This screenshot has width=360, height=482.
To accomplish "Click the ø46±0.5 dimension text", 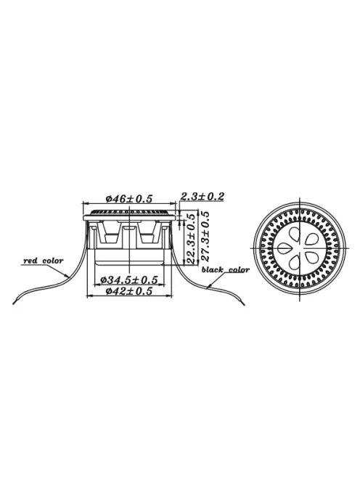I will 128,198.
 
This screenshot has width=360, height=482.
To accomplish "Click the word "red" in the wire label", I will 31,261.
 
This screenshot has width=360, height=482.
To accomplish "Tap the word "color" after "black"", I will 239,269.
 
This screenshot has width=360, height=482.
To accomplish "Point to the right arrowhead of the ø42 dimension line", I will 172,296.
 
